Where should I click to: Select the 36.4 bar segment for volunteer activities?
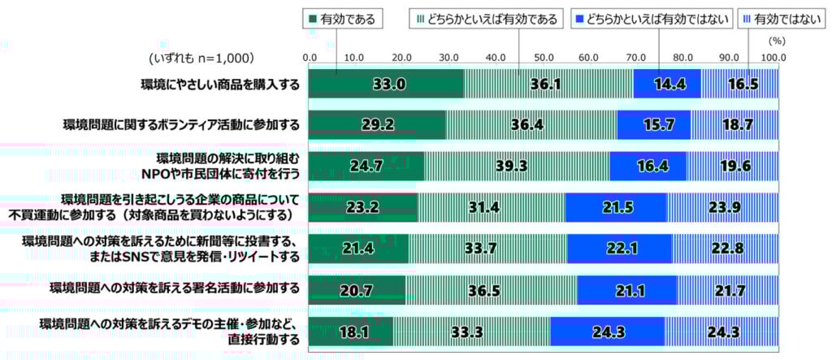pyautogui.click(x=531, y=125)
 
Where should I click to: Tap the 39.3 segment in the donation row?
pyautogui.click(x=516, y=166)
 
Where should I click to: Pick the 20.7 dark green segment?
pyautogui.click(x=357, y=288)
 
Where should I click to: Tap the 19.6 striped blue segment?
pyautogui.click(x=732, y=166)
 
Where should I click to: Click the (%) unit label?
pyautogui.click(x=777, y=37)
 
